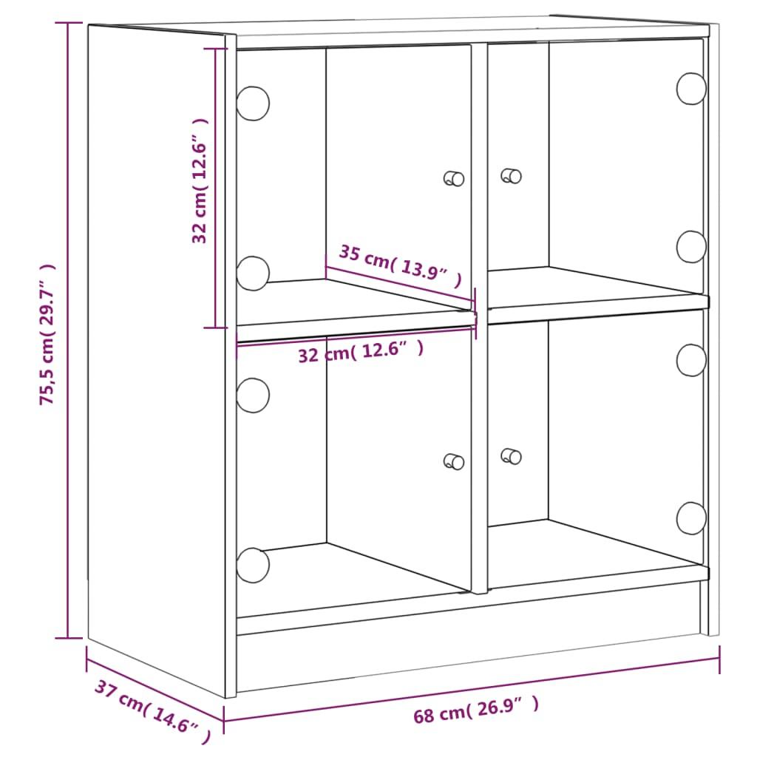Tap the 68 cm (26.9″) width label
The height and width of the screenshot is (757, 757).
click(476, 711)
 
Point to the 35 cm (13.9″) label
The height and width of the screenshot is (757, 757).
click(400, 265)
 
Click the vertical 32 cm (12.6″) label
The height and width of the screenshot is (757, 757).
click(200, 181)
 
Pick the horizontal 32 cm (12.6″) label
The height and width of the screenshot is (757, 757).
click(361, 352)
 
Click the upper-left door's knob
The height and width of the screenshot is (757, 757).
click(454, 178)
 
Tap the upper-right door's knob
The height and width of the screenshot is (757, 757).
click(511, 176)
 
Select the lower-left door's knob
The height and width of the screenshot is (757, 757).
click(454, 461)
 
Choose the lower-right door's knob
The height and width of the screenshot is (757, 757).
click(511, 456)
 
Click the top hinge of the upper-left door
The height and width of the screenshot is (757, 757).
click(253, 103)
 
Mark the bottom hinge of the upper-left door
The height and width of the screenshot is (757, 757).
click(253, 273)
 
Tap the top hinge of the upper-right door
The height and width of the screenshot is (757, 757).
click(691, 88)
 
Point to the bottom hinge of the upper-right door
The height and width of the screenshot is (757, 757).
click(691, 246)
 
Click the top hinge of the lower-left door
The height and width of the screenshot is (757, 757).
click(253, 395)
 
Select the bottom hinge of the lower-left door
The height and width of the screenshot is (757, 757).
click(253, 565)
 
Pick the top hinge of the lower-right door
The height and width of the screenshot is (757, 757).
click(691, 359)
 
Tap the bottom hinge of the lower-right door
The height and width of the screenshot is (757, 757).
click(691, 517)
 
